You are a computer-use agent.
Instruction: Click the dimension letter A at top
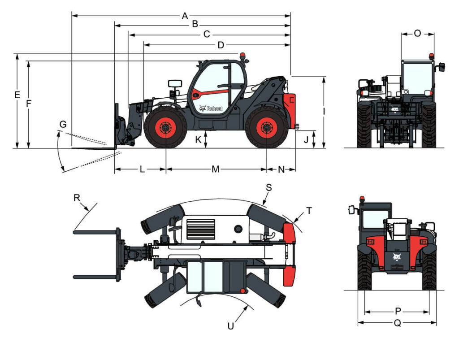click(185, 16)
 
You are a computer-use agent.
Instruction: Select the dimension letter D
click(220, 45)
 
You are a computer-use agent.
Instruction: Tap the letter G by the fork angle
click(63, 124)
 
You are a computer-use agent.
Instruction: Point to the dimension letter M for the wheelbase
click(216, 169)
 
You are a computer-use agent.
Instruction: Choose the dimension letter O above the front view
click(417, 34)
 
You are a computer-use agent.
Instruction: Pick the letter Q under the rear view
click(397, 323)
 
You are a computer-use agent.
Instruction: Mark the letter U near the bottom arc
click(230, 326)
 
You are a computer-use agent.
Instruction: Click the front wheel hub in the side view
click(165, 128)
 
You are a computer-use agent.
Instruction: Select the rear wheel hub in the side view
click(267, 128)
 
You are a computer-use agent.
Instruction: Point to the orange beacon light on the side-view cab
click(242, 56)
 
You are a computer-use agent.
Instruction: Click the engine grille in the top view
click(200, 229)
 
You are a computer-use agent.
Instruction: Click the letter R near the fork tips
click(78, 197)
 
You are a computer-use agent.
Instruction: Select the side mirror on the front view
click(442, 67)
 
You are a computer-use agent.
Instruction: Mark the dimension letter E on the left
click(17, 95)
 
